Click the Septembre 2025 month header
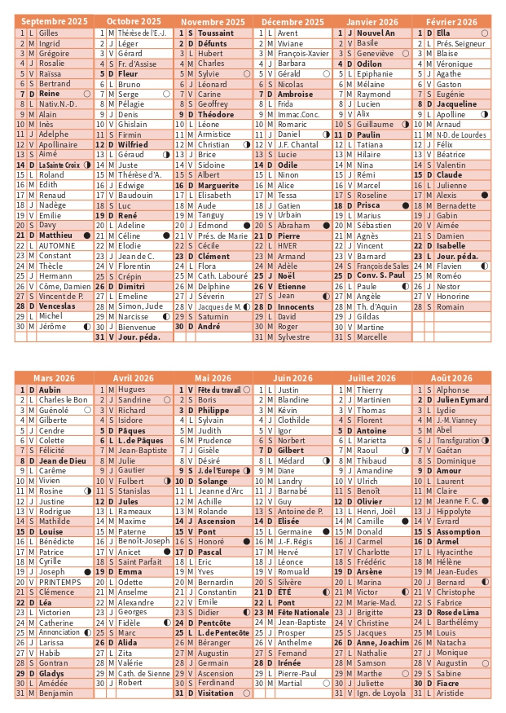coord(54,21)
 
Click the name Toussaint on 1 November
coord(215,33)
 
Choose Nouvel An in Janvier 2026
coord(375,33)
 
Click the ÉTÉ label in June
coord(284,592)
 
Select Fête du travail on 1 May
coord(219,390)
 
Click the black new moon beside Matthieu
coord(86,235)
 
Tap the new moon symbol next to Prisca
coord(405,205)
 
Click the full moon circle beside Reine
coord(86,94)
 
